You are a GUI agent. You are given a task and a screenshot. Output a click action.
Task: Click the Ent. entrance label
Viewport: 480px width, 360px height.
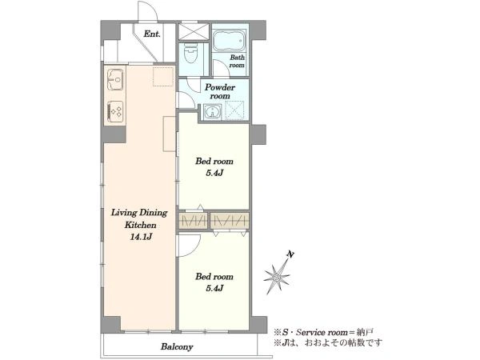coord(152,34)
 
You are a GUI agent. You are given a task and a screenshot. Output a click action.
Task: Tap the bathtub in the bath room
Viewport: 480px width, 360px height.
coord(229,41)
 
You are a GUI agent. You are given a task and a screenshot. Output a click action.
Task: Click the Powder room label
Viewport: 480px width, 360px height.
coord(220,91)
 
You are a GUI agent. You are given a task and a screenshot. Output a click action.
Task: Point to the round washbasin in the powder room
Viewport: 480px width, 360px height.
coord(212,111)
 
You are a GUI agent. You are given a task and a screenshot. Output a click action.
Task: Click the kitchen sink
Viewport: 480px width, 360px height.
coord(115,79)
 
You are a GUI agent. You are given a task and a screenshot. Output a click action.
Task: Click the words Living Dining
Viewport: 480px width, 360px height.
coord(139,213)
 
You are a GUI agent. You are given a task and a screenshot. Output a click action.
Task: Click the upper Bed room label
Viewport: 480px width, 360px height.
coord(214,161)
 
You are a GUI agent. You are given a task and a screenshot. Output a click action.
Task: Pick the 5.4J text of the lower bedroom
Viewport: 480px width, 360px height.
coord(214,288)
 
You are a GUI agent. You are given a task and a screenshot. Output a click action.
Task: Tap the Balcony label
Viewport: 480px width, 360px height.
coord(177,347)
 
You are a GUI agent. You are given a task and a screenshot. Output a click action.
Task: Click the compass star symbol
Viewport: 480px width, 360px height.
coord(277,278)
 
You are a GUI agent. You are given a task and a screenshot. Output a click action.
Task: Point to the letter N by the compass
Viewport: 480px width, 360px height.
coord(291,254)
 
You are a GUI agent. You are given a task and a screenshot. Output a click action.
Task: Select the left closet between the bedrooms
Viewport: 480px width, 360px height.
coord(193,221)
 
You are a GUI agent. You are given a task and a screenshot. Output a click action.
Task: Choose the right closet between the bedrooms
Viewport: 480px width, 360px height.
coord(230,221)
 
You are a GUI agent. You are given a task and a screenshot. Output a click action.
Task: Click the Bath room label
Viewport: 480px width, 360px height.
coord(238,61)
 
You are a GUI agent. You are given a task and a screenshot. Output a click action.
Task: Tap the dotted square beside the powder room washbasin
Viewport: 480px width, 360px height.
coord(234,110)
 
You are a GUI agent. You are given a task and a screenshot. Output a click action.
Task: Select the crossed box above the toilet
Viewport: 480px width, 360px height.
coord(194,31)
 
